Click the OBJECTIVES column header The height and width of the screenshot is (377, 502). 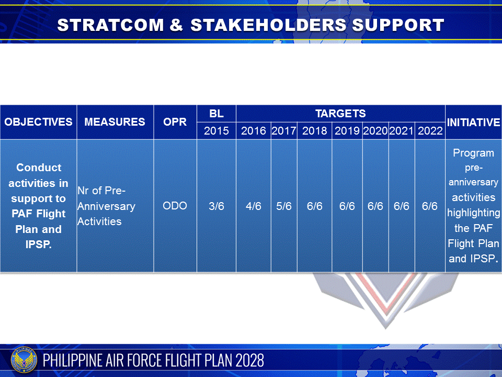pyautogui.click(x=38, y=122)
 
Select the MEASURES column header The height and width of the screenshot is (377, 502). pyautogui.click(x=115, y=122)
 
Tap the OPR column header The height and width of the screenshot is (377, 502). pyautogui.click(x=175, y=122)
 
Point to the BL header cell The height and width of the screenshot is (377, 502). pyautogui.click(x=216, y=114)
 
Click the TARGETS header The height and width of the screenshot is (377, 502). pyautogui.click(x=340, y=114)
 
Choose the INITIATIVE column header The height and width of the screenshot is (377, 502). pyautogui.click(x=473, y=122)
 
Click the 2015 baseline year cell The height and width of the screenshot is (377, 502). pyautogui.click(x=216, y=131)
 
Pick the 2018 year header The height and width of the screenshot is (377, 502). pyautogui.click(x=314, y=131)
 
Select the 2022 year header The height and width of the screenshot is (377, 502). pyautogui.click(x=430, y=131)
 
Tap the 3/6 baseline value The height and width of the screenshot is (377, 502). pyautogui.click(x=216, y=206)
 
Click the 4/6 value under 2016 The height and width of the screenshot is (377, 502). pyautogui.click(x=253, y=206)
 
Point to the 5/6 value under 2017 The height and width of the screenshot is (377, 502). pyautogui.click(x=284, y=206)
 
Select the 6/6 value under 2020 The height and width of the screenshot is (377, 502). pyautogui.click(x=375, y=206)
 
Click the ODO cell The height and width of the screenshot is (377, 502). pyautogui.click(x=175, y=206)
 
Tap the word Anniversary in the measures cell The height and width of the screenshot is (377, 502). pyautogui.click(x=106, y=206)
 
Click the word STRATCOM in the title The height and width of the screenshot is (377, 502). pyautogui.click(x=110, y=25)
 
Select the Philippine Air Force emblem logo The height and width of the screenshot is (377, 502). pyautogui.click(x=24, y=361)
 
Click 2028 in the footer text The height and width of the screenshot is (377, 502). pyautogui.click(x=250, y=360)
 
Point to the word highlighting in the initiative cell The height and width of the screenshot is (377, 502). pyautogui.click(x=474, y=213)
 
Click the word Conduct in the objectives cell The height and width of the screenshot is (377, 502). pyautogui.click(x=39, y=168)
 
